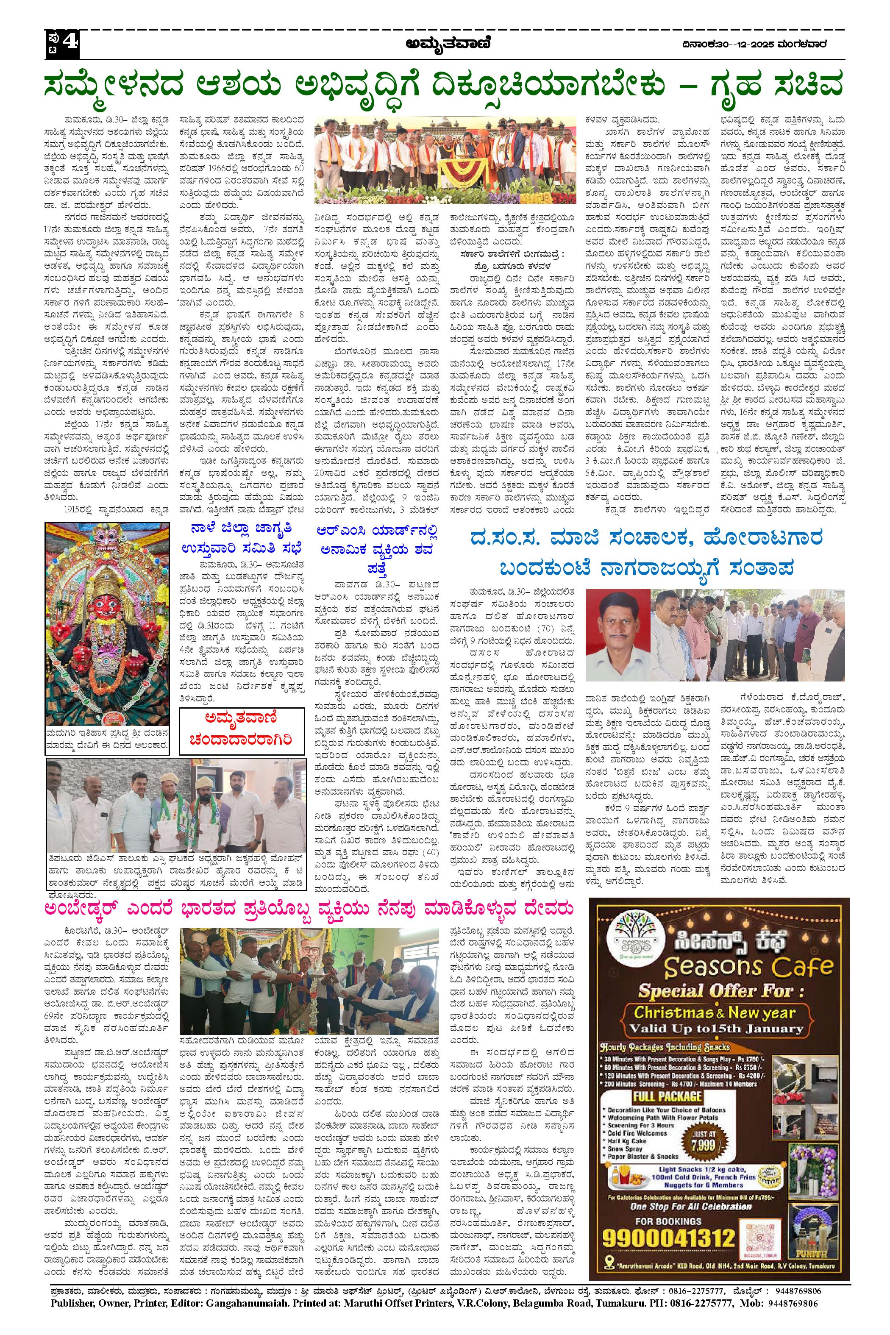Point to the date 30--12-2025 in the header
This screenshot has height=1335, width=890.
[741, 44]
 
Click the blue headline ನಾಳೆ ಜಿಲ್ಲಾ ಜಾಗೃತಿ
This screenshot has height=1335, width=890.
[242, 530]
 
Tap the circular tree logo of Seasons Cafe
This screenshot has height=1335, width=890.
[634, 945]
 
